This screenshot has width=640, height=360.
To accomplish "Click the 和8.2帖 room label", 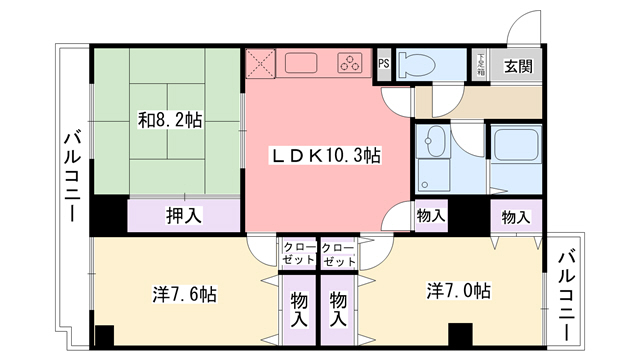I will coord(169,120).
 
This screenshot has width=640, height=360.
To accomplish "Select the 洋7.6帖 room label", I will coord(185,295).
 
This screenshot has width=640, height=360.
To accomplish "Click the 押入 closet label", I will coord(183,214).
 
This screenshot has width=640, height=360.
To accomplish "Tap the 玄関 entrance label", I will coord(517,68).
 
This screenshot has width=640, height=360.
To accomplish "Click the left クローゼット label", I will coord(296,254).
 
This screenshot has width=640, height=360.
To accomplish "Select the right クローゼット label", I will coord(340,254).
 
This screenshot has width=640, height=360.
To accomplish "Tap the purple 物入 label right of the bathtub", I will coord(516,217).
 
